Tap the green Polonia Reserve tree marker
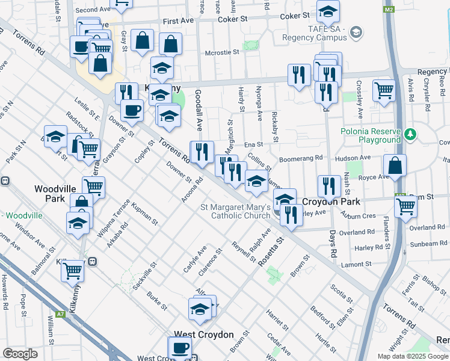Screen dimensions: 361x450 point(410,133)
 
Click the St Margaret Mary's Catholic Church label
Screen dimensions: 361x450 point(235,212)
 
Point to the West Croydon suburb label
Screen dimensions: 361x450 point(203,334)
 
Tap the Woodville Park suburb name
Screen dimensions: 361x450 point(54,193)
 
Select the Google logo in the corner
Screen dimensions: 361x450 point(20,354)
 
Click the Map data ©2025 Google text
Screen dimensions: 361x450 point(412,356)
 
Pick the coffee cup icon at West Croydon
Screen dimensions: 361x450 point(180,347)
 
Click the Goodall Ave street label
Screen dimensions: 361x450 point(198,110)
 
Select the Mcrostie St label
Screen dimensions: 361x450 point(222,52)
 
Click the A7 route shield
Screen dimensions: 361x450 point(60,313)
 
